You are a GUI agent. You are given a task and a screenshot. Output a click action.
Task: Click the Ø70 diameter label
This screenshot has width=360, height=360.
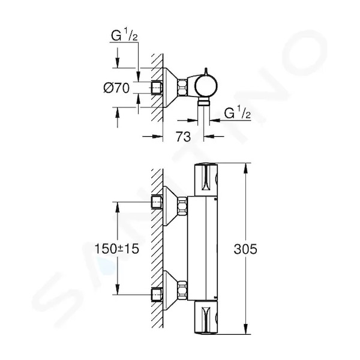tap(116, 88)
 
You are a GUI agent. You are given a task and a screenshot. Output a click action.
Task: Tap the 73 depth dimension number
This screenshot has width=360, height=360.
tap(183, 137)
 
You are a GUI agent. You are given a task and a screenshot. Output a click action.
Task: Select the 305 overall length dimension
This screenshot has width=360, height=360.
tap(245, 249)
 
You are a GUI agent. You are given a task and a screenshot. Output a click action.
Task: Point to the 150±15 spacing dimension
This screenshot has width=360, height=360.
tap(117, 248)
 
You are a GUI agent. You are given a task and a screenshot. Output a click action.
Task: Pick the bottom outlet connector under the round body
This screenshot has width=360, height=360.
tap(203, 101)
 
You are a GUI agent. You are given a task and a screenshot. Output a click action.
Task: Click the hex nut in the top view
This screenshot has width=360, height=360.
tap(182, 87)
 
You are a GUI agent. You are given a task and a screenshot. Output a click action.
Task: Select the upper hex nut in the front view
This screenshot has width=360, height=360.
tap(182, 205)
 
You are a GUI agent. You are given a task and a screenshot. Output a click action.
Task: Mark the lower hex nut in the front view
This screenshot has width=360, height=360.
tap(182, 289)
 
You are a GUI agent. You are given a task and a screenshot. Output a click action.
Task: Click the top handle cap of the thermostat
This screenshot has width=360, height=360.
tap(206, 180)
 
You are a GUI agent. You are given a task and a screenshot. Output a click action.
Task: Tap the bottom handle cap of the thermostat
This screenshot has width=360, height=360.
tap(206, 317)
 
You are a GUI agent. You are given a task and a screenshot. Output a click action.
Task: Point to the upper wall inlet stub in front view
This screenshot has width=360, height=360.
tap(157, 202)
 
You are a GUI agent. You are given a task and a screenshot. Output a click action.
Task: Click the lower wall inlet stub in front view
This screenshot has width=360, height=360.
tap(157, 295)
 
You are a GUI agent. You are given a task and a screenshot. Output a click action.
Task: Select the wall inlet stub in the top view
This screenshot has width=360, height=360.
tap(157, 88)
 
